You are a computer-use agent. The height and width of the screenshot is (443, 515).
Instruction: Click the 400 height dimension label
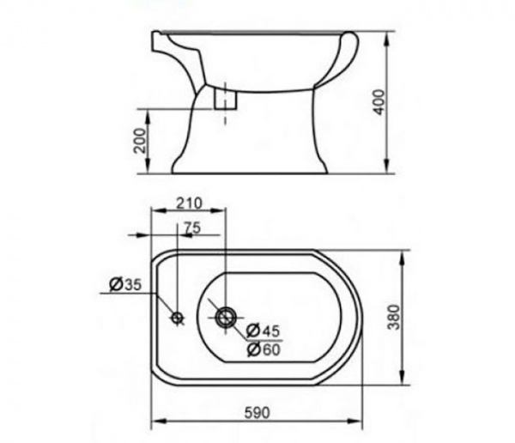click(x=379, y=102)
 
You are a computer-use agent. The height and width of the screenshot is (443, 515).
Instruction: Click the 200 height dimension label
click(x=140, y=141)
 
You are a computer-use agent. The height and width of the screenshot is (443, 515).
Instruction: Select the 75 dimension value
click(x=191, y=228)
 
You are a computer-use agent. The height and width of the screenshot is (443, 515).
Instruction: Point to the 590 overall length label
click(x=257, y=413)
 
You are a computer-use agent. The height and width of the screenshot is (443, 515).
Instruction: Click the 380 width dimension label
click(x=393, y=317)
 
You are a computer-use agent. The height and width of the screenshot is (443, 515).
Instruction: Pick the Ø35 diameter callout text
click(x=125, y=284)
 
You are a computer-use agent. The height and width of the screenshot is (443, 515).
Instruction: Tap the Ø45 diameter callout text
click(x=264, y=331)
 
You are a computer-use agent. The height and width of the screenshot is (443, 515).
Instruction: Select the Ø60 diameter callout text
click(x=264, y=349)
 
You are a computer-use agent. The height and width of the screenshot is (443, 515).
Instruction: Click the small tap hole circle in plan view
click(x=178, y=318)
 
